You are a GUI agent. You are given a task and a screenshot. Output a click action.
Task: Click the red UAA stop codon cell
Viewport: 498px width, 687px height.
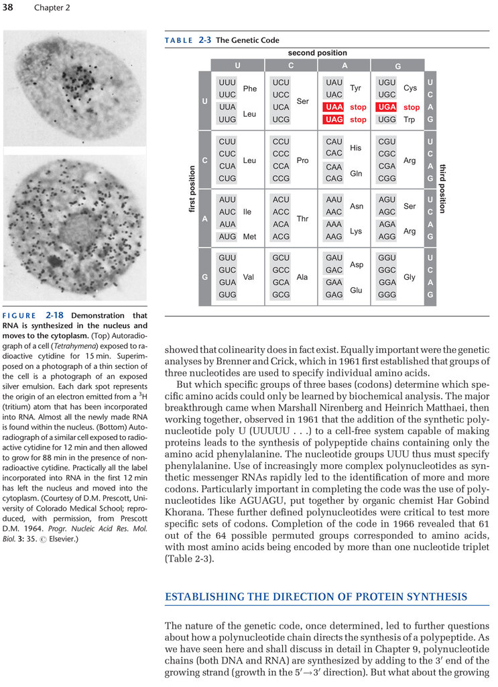[334, 107]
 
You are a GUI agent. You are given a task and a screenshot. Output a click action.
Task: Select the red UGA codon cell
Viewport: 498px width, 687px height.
[387, 107]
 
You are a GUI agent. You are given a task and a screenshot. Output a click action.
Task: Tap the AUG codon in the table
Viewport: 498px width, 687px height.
[227, 236]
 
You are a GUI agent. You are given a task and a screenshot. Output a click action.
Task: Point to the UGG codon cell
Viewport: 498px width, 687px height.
[387, 119]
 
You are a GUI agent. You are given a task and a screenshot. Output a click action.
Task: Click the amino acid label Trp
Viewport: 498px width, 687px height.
[410, 119]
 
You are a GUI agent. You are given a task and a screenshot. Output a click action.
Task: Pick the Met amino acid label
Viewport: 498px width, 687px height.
[249, 237]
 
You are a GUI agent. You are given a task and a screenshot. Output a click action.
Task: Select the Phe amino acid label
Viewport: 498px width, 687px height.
[250, 89]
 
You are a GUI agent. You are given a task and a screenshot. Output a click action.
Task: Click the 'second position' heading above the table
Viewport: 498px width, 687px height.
[318, 53]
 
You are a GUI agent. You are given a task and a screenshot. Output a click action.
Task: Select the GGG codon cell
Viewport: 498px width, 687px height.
[387, 295]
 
